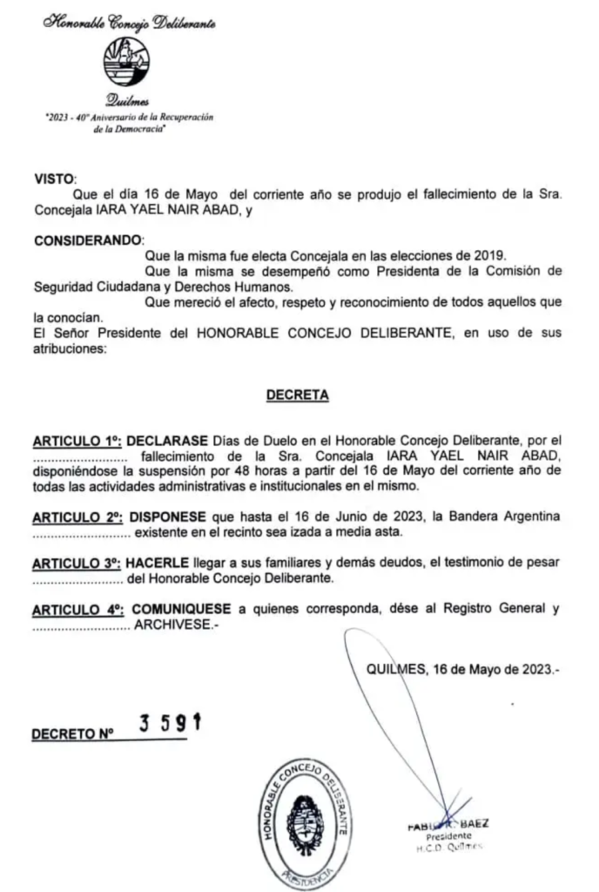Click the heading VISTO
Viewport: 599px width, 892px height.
click(x=55, y=179)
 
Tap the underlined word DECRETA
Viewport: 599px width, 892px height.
click(x=297, y=395)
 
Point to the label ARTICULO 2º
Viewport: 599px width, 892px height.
click(x=76, y=517)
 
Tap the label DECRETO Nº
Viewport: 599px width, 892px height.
click(x=73, y=734)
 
